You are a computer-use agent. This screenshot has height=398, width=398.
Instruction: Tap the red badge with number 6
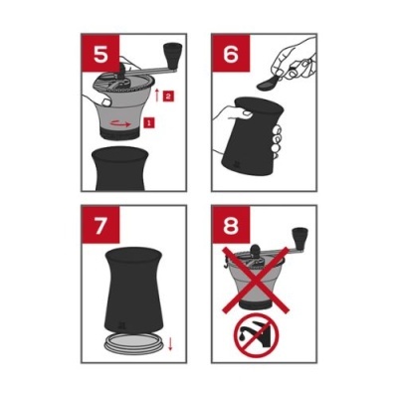click(229, 51)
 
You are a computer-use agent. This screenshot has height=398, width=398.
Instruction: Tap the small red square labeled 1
click(149, 121)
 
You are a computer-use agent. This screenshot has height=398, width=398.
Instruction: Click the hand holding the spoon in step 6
click(294, 60)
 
